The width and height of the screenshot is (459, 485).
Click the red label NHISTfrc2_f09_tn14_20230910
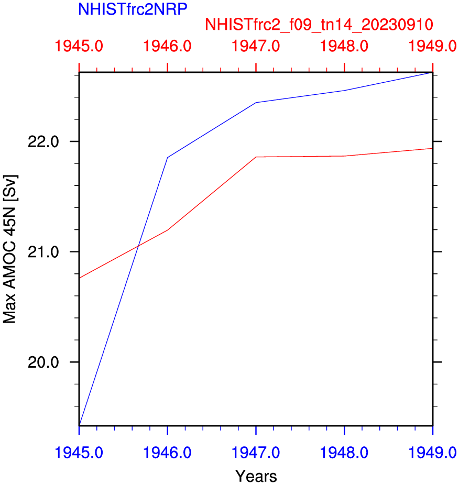[319, 25]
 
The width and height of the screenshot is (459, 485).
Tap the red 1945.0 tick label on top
[79, 47]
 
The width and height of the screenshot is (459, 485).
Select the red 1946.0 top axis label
[167, 47]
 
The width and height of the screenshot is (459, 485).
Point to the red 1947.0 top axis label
[256, 47]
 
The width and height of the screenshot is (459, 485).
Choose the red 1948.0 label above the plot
[344, 47]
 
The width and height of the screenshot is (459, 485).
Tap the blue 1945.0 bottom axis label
[79, 451]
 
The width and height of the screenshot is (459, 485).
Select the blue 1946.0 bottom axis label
[167, 451]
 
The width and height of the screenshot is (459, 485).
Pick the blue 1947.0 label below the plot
[256, 451]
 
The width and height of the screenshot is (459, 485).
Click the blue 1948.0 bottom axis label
[344, 451]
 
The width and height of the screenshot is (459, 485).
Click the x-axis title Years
[256, 476]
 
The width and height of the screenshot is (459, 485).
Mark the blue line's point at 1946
[167, 157]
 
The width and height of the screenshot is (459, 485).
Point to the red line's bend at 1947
[256, 157]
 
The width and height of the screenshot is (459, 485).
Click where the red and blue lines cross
[138, 246]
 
